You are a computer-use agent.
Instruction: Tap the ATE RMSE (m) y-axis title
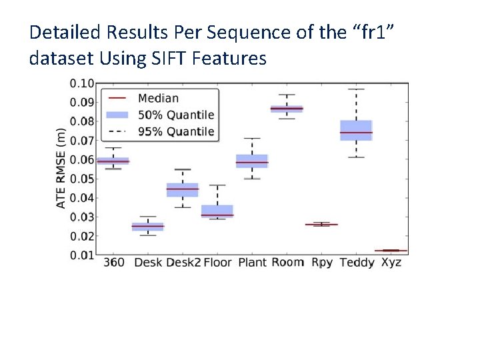click(x=61, y=168)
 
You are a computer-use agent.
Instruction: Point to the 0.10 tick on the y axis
click(x=82, y=83)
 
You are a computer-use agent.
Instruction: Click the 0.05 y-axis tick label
click(x=82, y=179)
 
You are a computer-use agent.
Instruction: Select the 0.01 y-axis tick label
click(x=82, y=255)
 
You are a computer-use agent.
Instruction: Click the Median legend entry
click(x=158, y=99)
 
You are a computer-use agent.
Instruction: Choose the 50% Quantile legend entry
click(x=175, y=115)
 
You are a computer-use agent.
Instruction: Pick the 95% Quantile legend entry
click(x=175, y=131)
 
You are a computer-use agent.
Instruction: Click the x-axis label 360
click(x=113, y=263)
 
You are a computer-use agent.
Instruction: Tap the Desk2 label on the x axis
click(x=183, y=263)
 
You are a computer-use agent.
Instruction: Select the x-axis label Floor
click(x=217, y=263)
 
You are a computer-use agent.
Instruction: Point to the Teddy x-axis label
click(x=357, y=263)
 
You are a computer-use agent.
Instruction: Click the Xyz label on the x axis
click(x=391, y=263)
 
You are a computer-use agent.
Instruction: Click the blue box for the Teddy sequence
click(x=356, y=130)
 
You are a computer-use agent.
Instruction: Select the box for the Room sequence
click(x=287, y=108)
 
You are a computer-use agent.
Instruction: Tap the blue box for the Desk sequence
click(x=148, y=227)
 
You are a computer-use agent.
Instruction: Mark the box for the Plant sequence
click(x=252, y=161)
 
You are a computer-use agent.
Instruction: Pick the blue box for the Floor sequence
click(x=217, y=211)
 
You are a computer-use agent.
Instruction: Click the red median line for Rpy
click(x=321, y=225)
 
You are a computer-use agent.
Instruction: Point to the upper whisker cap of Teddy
click(x=356, y=89)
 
